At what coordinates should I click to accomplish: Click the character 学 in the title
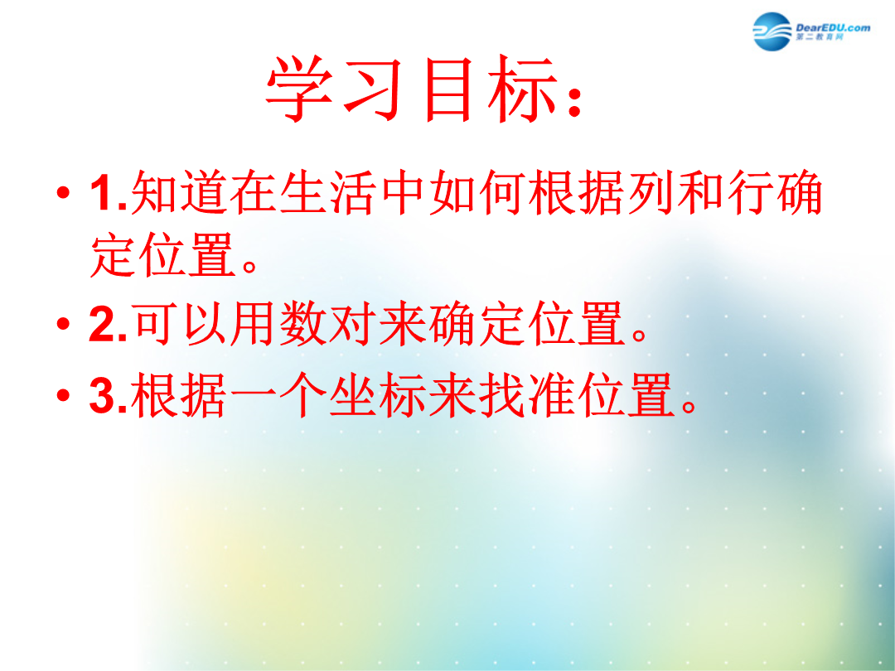point(300,89)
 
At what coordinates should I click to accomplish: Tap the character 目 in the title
point(448,89)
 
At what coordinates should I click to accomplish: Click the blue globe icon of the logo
point(772,31)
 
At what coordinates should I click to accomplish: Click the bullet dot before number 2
point(63,323)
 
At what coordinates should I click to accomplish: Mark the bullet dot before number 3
point(63,394)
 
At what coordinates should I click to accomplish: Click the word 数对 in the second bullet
point(327,323)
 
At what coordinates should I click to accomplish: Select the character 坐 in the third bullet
point(352,394)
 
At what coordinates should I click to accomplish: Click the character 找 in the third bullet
point(501,394)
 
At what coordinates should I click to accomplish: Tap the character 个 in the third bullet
point(302,394)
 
